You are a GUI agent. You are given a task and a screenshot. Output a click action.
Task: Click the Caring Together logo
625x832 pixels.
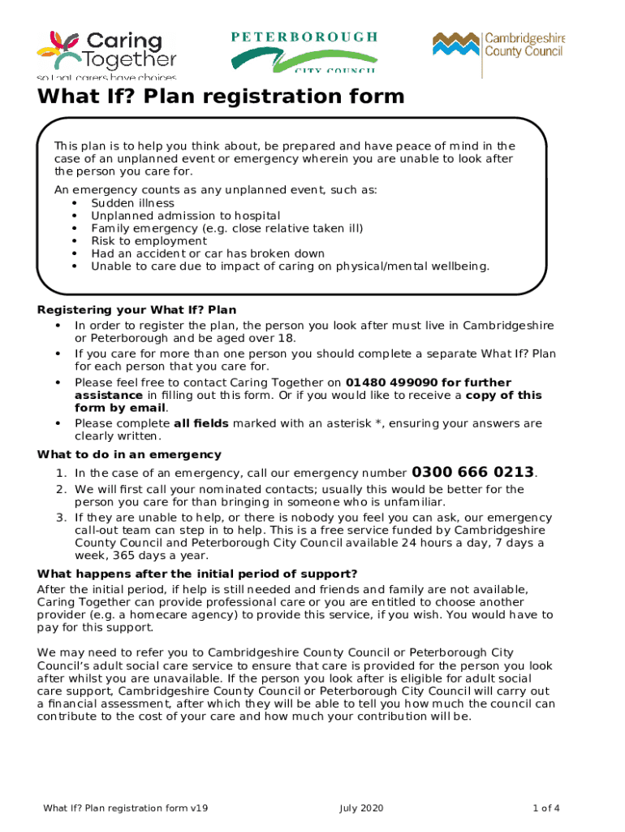(106, 54)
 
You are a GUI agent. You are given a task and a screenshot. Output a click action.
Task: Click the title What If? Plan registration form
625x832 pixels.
(220, 97)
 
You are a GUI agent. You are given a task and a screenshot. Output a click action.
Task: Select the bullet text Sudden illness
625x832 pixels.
(132, 203)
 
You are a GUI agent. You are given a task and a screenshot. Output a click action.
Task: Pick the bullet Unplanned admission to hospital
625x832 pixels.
(185, 215)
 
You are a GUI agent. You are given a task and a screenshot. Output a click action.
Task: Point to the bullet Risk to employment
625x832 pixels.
(149, 240)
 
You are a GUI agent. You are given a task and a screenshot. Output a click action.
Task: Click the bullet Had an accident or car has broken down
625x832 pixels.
(208, 253)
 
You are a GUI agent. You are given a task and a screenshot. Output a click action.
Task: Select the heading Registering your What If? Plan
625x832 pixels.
(137, 310)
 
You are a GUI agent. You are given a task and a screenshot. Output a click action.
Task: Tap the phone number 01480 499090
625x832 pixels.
(388, 383)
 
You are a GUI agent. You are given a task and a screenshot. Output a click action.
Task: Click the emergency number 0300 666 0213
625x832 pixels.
(473, 472)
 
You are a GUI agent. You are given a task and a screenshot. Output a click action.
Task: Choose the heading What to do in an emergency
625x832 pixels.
(129, 454)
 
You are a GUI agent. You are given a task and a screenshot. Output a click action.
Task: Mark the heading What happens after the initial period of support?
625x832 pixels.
(197, 574)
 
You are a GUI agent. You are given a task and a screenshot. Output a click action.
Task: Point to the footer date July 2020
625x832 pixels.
(360, 808)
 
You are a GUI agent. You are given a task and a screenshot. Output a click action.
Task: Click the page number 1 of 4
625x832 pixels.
(546, 808)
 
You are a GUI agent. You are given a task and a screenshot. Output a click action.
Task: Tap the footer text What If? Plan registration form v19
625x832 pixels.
(126, 808)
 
